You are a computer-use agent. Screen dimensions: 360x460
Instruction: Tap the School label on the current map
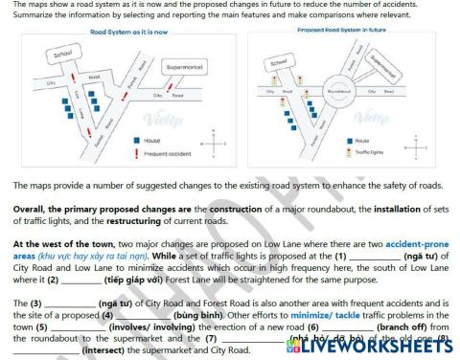click(x=64, y=55)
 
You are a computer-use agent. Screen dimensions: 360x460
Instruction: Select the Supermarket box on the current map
click(x=184, y=69)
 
